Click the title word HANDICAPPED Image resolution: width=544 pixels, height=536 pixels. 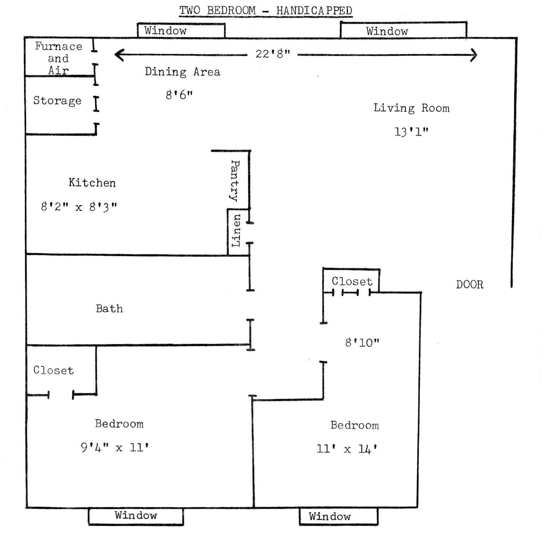[314, 11]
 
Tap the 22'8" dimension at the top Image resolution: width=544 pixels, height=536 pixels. [273, 54]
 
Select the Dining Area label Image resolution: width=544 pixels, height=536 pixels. [182, 72]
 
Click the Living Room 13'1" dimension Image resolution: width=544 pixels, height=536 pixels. [411, 132]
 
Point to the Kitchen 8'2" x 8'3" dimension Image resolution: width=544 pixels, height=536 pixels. [79, 207]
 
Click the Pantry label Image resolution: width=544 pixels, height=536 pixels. [234, 181]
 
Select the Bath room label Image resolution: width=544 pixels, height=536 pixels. [109, 309]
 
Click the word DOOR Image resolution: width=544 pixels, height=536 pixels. [470, 284]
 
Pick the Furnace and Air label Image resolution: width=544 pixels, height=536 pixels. [59, 58]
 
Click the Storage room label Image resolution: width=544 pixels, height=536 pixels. [58, 101]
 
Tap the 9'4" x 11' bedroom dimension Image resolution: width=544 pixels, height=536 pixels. [115, 448]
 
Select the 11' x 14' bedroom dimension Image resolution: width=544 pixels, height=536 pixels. [347, 449]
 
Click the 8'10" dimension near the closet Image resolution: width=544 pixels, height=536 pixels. [362, 342]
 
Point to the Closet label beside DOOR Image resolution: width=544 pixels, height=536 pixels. [352, 281]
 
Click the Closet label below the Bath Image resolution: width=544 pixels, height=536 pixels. [54, 370]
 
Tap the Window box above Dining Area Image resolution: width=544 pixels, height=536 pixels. [181, 31]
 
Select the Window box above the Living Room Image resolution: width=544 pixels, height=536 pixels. [404, 30]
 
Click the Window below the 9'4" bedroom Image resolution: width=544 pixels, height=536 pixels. [136, 516]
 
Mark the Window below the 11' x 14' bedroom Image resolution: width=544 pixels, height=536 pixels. [339, 517]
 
